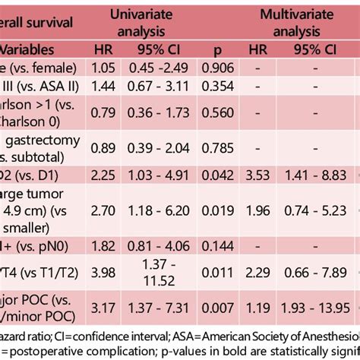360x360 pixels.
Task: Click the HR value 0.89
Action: [103, 147]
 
